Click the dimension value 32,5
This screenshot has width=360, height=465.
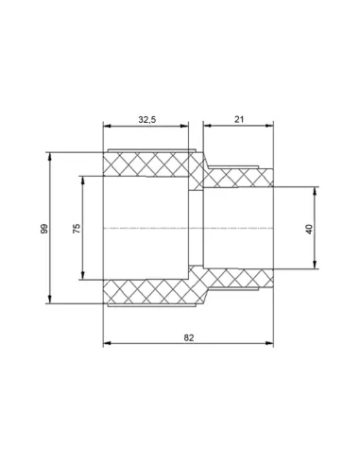pos(147,120)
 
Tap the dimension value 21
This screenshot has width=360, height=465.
pos(239,119)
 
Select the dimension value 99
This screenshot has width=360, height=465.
pos(44,229)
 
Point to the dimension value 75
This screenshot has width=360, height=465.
pos(77,228)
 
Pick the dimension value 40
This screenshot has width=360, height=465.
pos(309,229)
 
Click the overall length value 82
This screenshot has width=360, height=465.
pos(189,337)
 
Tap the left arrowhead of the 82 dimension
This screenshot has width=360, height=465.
pos(108,343)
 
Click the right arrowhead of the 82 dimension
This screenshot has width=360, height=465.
pos(269,343)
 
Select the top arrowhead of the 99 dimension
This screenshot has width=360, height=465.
pos(49,157)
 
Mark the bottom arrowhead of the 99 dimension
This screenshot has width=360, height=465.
pos(49,300)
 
